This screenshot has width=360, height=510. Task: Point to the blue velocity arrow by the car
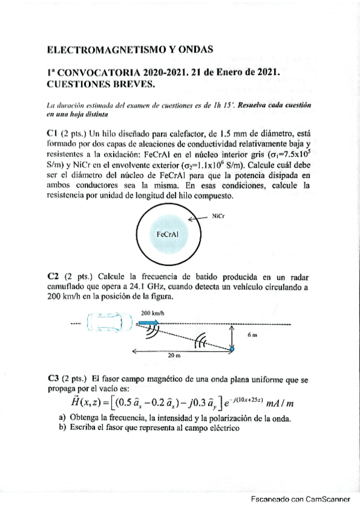[148, 323]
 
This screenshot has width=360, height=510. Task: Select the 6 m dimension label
[252, 335]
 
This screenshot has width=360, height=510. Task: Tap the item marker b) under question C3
[63, 428]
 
